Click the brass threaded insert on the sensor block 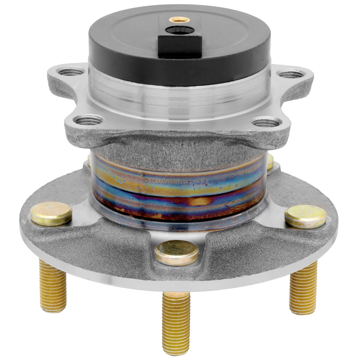[180, 19]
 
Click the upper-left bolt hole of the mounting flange [71, 72]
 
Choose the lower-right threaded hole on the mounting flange [266, 123]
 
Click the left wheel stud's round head [51, 213]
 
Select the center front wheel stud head [176, 252]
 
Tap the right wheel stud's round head [305, 216]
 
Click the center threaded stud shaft [176, 320]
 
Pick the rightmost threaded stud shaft [303, 288]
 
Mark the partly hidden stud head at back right [270, 162]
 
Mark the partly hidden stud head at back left [89, 160]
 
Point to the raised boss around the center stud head [176, 268]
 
